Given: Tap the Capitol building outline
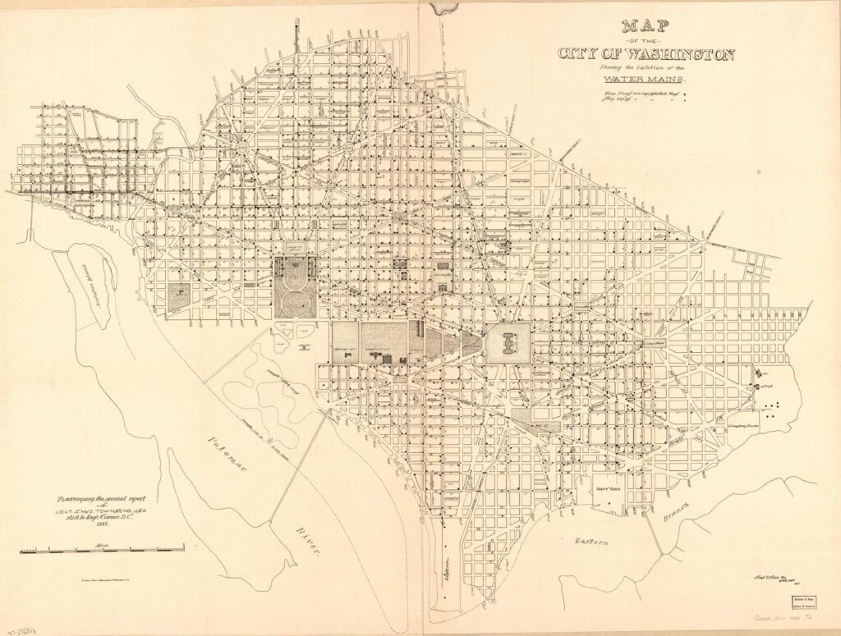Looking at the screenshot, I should [x=508, y=342].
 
